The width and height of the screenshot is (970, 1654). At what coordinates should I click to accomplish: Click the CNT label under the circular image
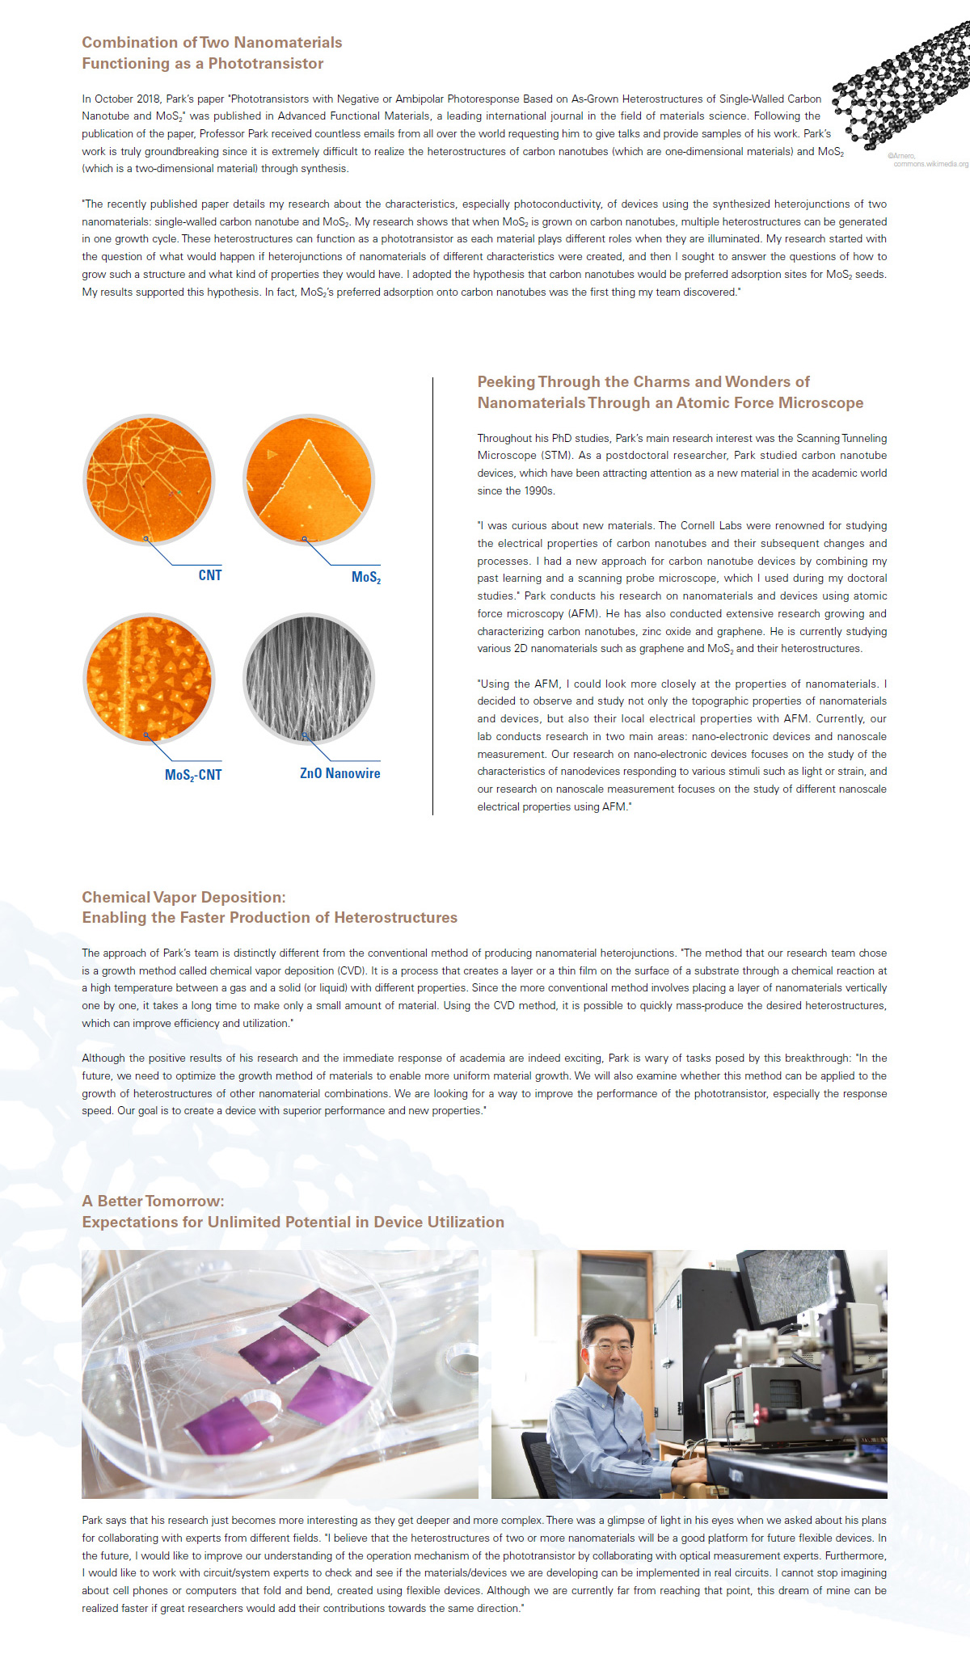209,575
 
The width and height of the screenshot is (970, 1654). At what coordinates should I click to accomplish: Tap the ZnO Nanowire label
339,773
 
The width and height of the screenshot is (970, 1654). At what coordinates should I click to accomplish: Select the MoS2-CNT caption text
193,775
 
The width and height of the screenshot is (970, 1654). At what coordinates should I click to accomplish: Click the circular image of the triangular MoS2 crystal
309,480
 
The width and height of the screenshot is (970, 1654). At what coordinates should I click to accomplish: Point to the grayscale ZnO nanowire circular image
309,678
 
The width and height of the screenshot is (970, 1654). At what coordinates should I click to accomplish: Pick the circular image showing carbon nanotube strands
150,480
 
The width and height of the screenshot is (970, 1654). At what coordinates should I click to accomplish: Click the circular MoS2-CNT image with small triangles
150,678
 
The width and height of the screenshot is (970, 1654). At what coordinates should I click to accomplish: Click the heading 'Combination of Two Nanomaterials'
212,43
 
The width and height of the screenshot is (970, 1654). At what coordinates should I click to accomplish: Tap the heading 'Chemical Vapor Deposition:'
183,897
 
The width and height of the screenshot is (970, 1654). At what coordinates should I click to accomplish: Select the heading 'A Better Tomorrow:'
153,1201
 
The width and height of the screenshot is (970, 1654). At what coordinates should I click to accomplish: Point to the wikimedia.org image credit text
930,164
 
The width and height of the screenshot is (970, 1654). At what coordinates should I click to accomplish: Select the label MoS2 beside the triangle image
365,577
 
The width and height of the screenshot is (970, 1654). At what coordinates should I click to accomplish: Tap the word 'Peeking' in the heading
505,382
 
